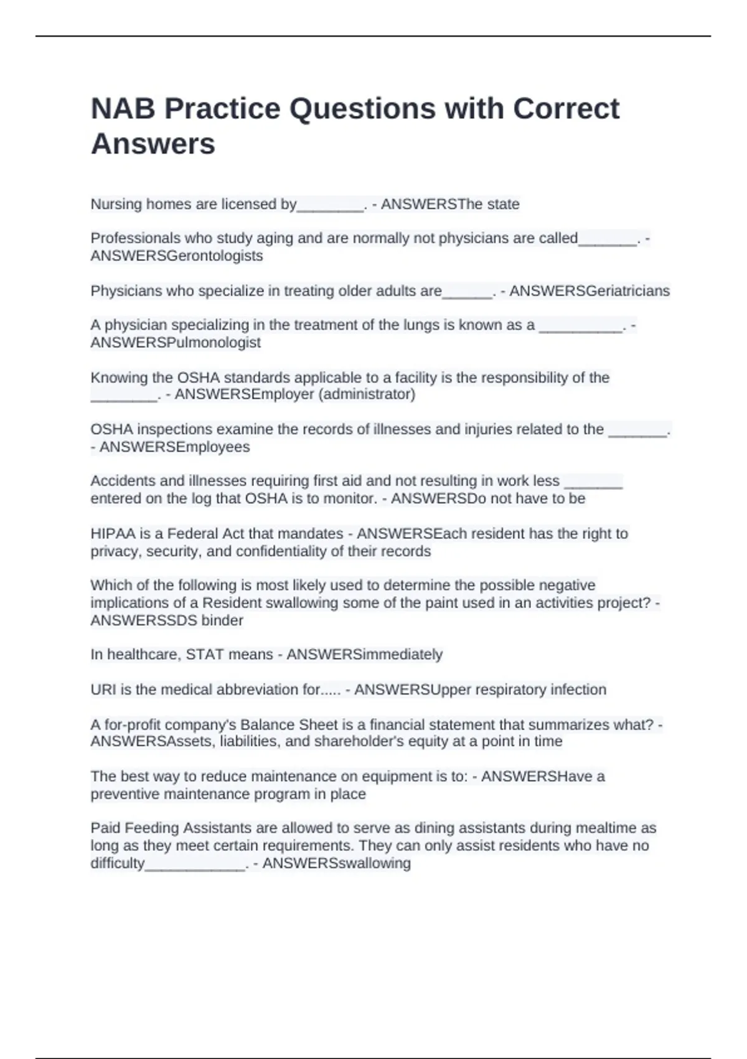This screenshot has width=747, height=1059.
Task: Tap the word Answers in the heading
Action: click(x=153, y=144)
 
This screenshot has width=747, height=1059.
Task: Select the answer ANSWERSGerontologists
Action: click(x=177, y=256)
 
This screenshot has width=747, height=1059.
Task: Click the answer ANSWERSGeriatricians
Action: click(x=589, y=291)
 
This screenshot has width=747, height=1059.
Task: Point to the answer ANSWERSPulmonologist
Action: click(x=176, y=343)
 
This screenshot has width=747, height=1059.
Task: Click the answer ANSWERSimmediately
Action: click(x=364, y=655)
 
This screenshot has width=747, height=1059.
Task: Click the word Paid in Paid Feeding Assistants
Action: click(x=105, y=829)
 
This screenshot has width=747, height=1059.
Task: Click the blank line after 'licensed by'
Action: click(x=331, y=207)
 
